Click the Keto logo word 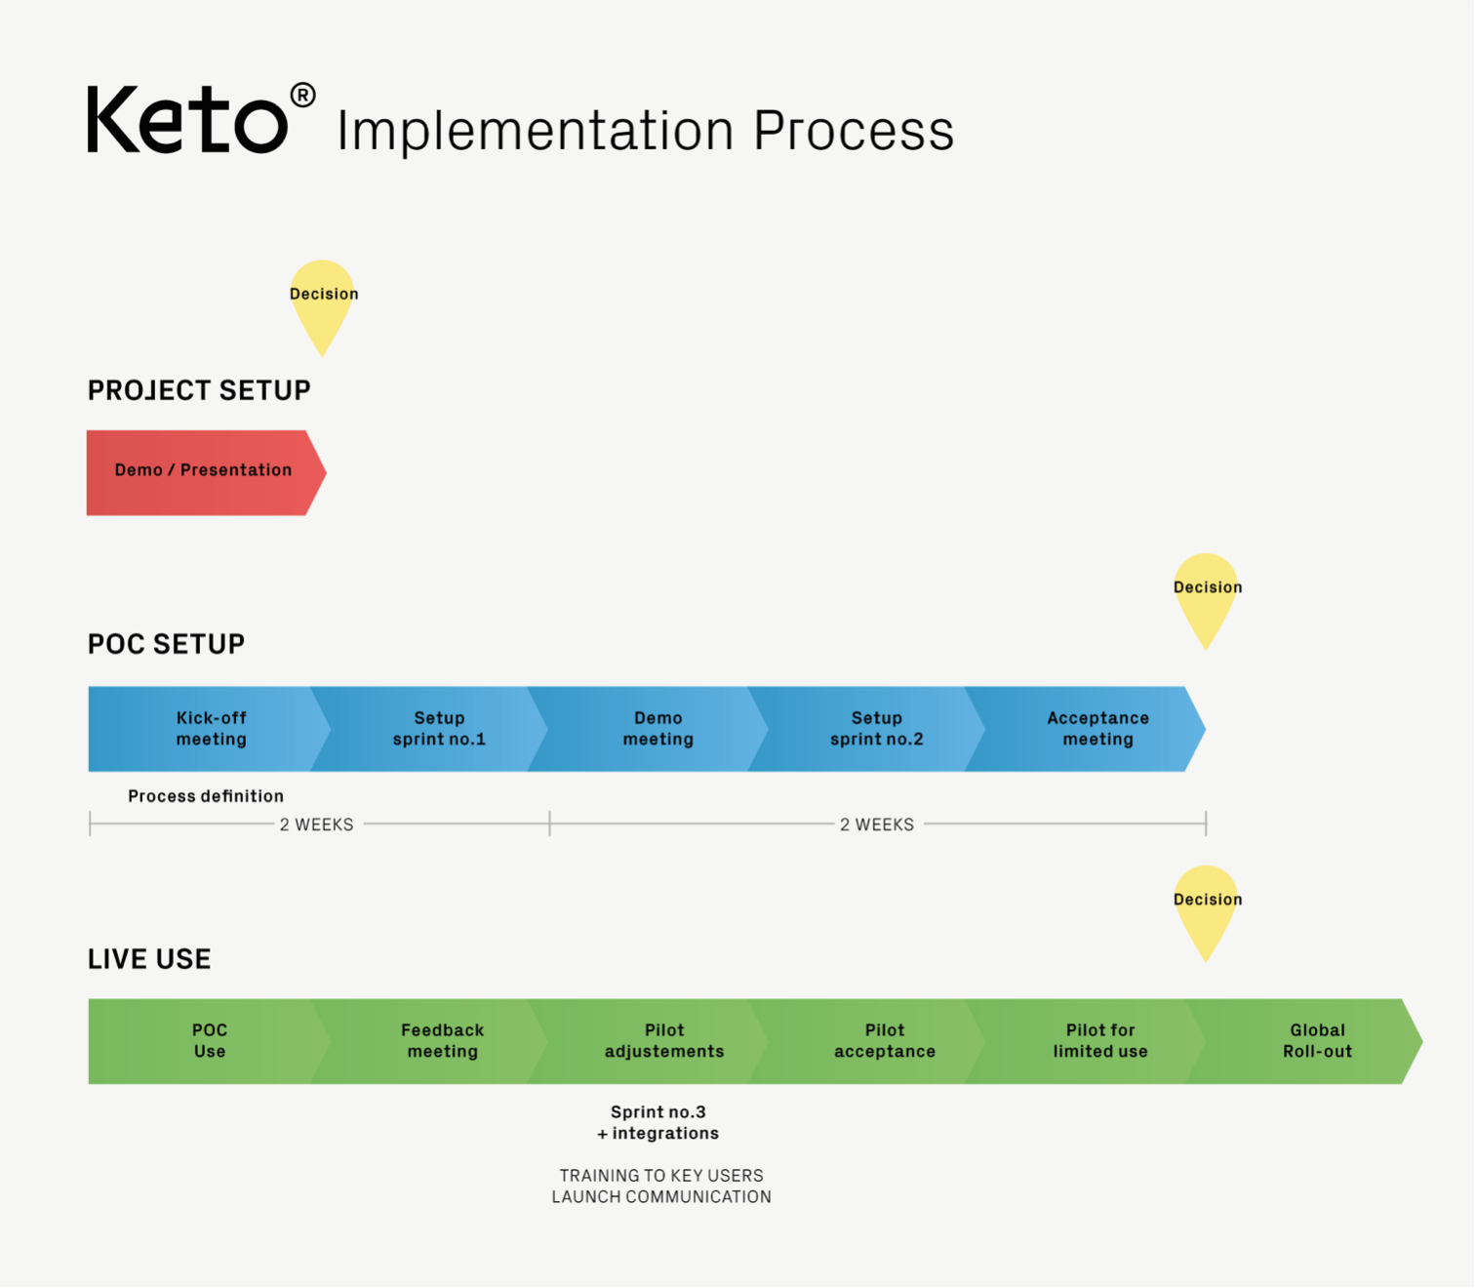(x=187, y=120)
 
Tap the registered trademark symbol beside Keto (x=302, y=96)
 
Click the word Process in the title (x=854, y=131)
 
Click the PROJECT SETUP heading (x=199, y=390)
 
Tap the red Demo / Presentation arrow (x=206, y=473)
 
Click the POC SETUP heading (x=166, y=644)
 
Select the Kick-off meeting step (x=209, y=729)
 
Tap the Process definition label (x=206, y=796)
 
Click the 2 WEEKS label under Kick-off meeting (x=316, y=825)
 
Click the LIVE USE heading (x=149, y=959)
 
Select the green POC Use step (x=209, y=1041)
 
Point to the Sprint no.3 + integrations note (x=658, y=1123)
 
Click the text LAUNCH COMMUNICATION (x=661, y=1197)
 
